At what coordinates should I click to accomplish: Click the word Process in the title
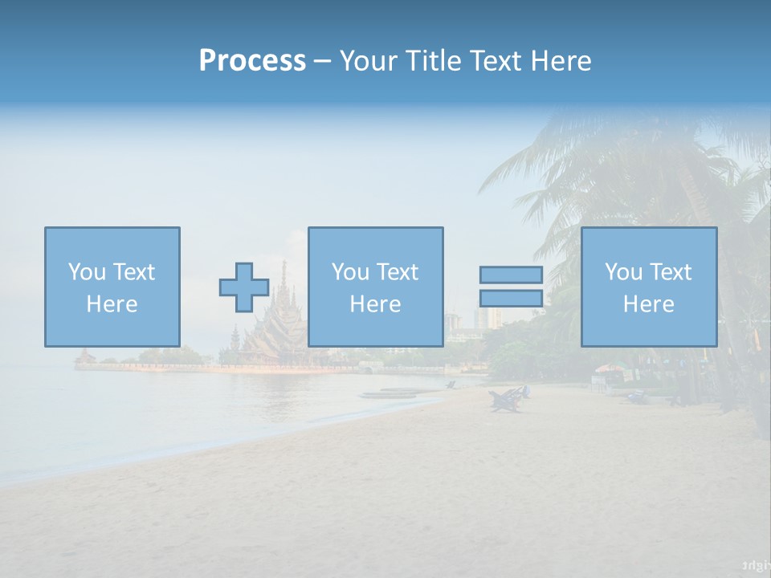[252, 61]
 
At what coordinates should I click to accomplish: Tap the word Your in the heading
[369, 61]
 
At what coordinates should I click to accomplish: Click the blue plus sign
[244, 287]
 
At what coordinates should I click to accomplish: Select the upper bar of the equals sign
[511, 275]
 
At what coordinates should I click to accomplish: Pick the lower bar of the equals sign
[511, 298]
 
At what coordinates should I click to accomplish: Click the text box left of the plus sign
[112, 287]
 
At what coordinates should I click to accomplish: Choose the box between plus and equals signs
[375, 287]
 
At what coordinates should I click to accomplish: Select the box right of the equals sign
[648, 287]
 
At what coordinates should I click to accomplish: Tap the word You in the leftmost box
[86, 272]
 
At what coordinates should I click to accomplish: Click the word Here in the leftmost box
[112, 304]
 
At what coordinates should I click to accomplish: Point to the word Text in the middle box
[397, 272]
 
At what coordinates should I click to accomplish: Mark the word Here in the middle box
[375, 304]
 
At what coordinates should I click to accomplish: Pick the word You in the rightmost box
[622, 272]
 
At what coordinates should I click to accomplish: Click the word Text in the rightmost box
[670, 272]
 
